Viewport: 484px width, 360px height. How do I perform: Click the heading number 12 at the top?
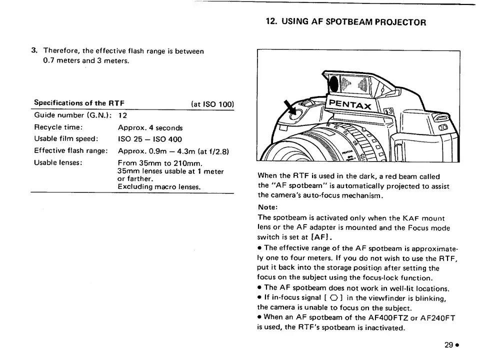point(271,22)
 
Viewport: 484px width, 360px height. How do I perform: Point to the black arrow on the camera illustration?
point(290,107)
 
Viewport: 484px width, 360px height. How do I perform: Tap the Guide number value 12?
point(122,115)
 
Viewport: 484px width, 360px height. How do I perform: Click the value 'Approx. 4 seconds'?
point(150,127)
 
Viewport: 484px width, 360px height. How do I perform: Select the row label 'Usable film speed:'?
point(65,138)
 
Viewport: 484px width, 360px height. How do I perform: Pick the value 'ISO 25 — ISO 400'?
point(150,139)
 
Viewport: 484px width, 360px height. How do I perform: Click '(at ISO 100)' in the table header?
point(212,104)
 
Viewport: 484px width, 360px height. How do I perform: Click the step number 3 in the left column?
point(33,50)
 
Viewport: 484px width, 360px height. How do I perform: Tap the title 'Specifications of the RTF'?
point(79,103)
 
